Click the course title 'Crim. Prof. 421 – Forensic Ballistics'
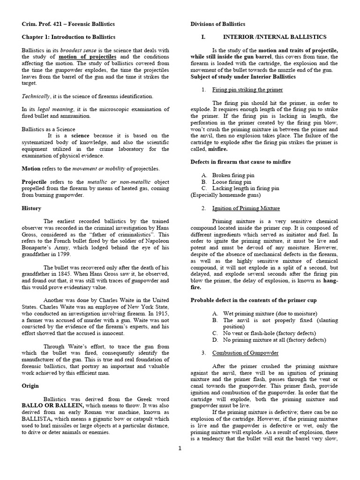(x=68, y=24)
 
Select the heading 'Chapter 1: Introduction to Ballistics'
(x=68, y=37)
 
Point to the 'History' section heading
(x=31, y=208)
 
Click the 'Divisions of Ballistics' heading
(x=217, y=24)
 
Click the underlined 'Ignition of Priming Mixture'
(x=246, y=208)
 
